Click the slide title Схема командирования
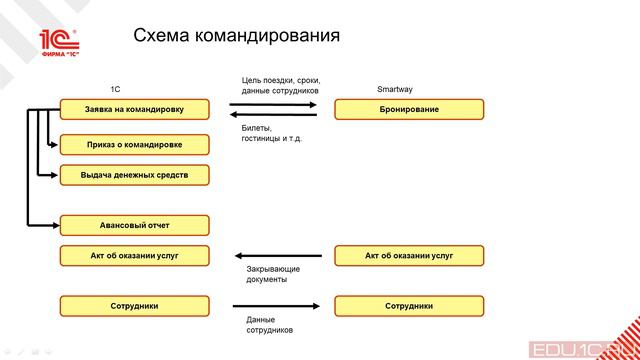236,36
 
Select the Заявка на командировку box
135,109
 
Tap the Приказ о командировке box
135,144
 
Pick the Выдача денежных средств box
135,175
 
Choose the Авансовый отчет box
135,225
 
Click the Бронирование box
409,109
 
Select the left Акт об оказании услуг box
135,256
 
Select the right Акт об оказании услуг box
409,256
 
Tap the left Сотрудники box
135,306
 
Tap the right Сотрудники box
409,306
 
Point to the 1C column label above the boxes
115,89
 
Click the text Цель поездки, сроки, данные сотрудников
280,85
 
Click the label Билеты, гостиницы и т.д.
271,133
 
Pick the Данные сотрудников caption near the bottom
269,324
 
